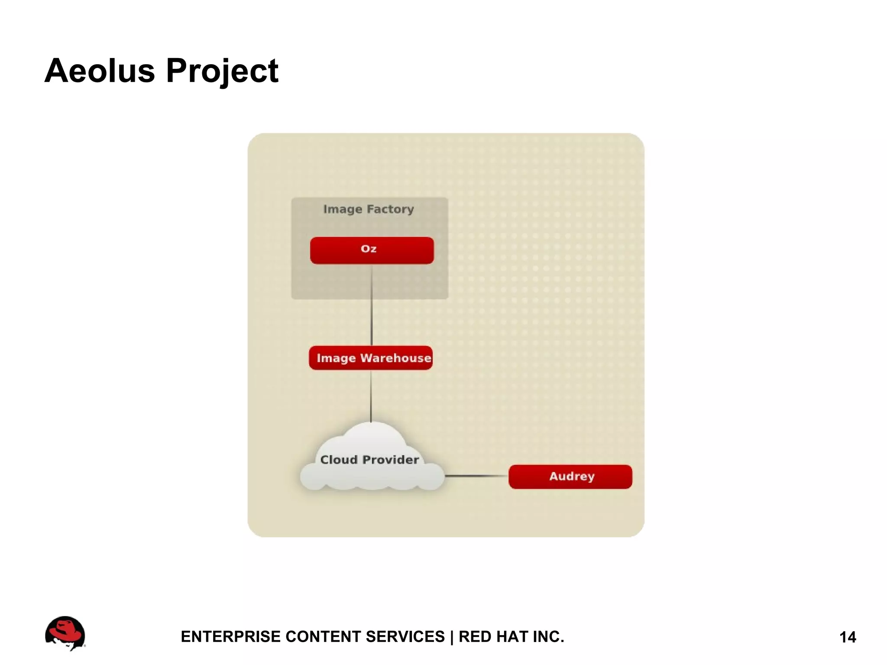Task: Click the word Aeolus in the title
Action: click(100, 71)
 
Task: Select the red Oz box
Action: click(372, 250)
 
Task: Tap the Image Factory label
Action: click(369, 209)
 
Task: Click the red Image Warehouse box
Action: click(371, 358)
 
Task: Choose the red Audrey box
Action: click(570, 477)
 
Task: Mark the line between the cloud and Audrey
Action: click(476, 476)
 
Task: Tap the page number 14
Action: click(848, 637)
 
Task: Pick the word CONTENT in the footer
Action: click(323, 637)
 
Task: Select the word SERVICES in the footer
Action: click(405, 637)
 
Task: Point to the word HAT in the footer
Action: click(513, 637)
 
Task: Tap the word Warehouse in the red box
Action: click(395, 358)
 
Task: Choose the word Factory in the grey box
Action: click(390, 209)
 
